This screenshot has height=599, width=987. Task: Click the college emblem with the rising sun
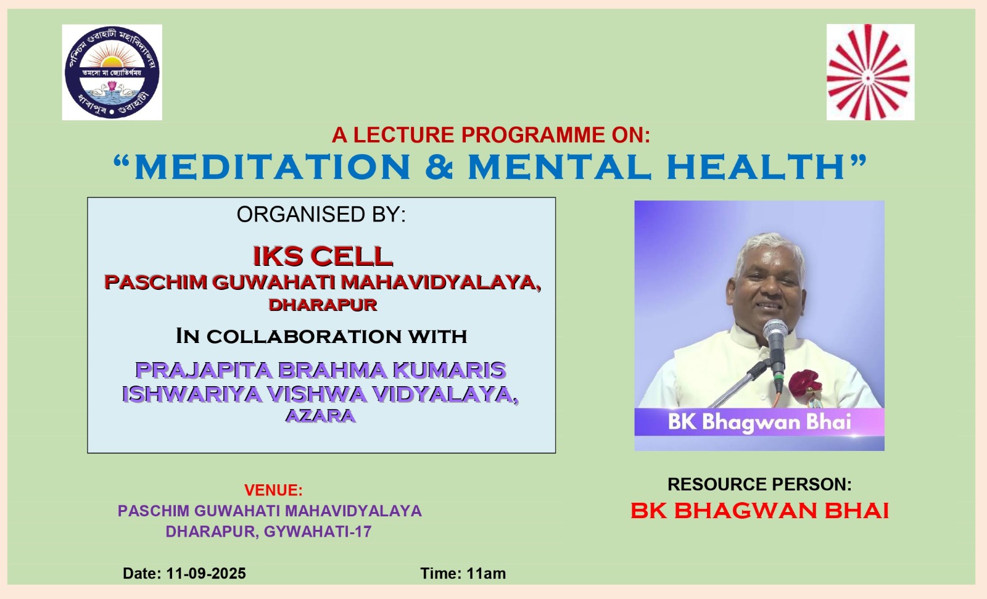(112, 72)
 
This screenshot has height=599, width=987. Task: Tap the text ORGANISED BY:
(321, 214)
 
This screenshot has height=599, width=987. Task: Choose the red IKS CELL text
(323, 256)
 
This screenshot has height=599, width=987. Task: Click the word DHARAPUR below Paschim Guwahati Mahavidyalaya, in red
(323, 305)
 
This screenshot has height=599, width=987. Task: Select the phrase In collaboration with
(321, 336)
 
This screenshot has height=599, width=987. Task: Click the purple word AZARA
(320, 416)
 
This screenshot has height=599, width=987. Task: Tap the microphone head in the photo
(775, 332)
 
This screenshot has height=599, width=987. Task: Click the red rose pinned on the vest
(804, 382)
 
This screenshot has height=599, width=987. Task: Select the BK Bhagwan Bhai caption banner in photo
(759, 422)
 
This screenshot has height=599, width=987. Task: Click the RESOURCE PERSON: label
(759, 484)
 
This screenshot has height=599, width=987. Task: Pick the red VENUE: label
(274, 490)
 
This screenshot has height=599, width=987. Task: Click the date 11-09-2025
(206, 574)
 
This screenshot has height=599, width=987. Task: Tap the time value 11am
(486, 574)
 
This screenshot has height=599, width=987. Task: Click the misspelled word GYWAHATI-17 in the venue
(318, 532)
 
